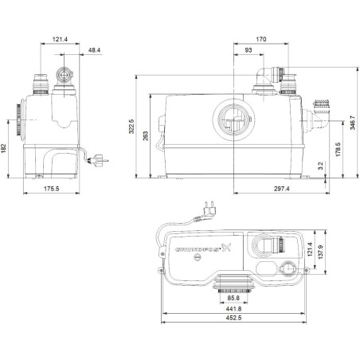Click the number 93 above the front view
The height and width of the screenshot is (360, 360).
click(248, 49)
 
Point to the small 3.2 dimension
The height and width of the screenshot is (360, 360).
click(320, 166)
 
